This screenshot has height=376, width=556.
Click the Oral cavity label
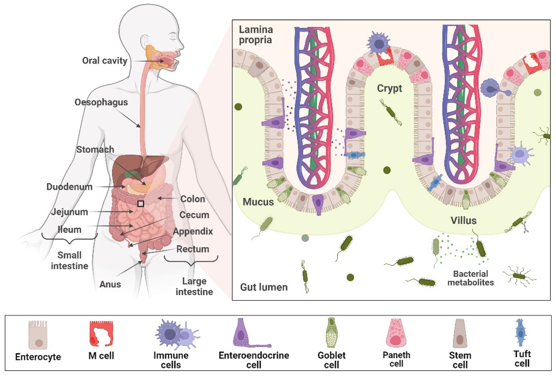coord(105,61)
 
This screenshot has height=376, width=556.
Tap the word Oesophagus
coord(101,102)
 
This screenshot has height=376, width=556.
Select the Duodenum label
coord(69,187)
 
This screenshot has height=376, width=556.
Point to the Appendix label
coord(193,231)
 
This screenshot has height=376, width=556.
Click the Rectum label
coord(193,249)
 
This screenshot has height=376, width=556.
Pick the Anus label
coord(110,284)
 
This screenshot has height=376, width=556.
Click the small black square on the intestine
coord(141,203)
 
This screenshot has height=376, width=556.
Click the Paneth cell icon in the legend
coord(396,333)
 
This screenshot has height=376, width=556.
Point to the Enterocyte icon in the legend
coord(38,334)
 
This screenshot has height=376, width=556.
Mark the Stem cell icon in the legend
coord(460,333)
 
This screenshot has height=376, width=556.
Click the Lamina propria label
coord(255,35)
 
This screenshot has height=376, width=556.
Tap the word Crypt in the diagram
coord(389,88)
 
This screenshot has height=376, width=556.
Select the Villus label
coord(463,220)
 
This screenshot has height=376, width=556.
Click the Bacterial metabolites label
coord(470,278)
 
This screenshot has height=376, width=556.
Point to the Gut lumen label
coord(264,287)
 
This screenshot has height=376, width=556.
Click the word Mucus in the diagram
coord(258,202)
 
